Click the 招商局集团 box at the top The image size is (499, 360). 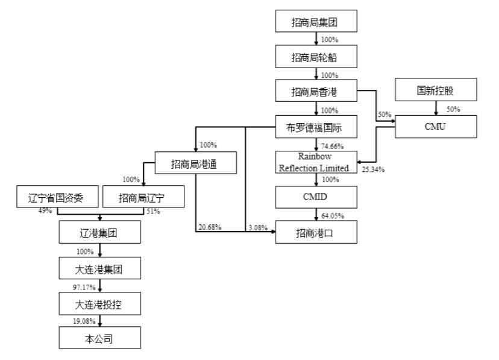pos(316,21)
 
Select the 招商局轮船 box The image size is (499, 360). pos(316,56)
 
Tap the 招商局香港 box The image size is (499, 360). pos(316,90)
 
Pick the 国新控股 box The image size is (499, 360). pos(436,90)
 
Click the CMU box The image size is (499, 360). pos(436,127)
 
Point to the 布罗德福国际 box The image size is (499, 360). pos(316,127)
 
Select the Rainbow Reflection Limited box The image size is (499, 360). pos(316,162)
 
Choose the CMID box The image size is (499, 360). pos(316,197)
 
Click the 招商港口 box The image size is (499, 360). pos(316,232)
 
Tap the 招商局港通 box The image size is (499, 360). pos(196,163)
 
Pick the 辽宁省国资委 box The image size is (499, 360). pos(58,197)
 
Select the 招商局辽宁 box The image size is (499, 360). pos(143,197)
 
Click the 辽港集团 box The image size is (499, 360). pos(100,232)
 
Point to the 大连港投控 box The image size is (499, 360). pos(100,304)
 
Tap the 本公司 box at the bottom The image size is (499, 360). pos(100,338)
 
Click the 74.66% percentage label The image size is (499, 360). pos(332,146)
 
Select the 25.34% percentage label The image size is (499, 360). pos(373,169)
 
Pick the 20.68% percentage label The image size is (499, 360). pos(210,227)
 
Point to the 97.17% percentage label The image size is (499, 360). pos(84,287)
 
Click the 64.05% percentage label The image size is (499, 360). pos(333,215)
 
